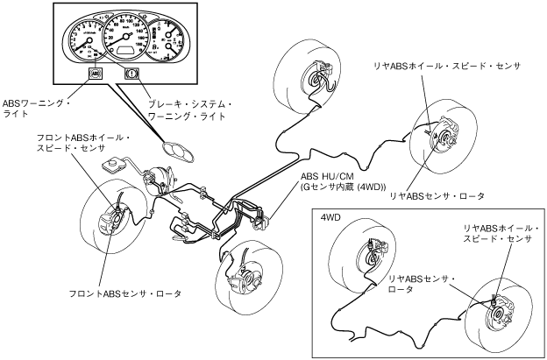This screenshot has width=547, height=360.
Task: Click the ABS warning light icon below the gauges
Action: (x=96, y=74)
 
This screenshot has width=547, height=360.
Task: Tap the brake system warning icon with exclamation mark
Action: (x=133, y=74)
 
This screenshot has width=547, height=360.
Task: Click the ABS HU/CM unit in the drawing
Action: (x=261, y=219)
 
